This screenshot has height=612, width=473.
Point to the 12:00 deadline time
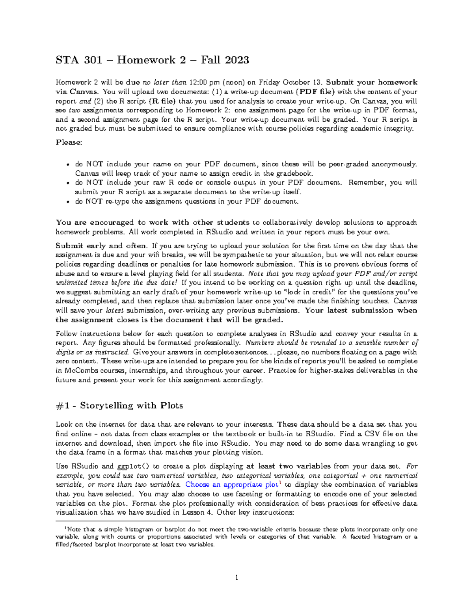coord(198,82)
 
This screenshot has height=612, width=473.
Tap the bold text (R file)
coord(162,101)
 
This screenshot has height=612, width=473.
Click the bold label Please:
coord(69,142)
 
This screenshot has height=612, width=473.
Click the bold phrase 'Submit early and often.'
coord(102,246)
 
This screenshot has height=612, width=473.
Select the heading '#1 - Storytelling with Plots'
coord(119,406)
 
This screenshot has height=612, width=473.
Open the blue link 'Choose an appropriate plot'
coord(232,485)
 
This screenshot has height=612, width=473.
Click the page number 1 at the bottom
coord(236,578)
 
